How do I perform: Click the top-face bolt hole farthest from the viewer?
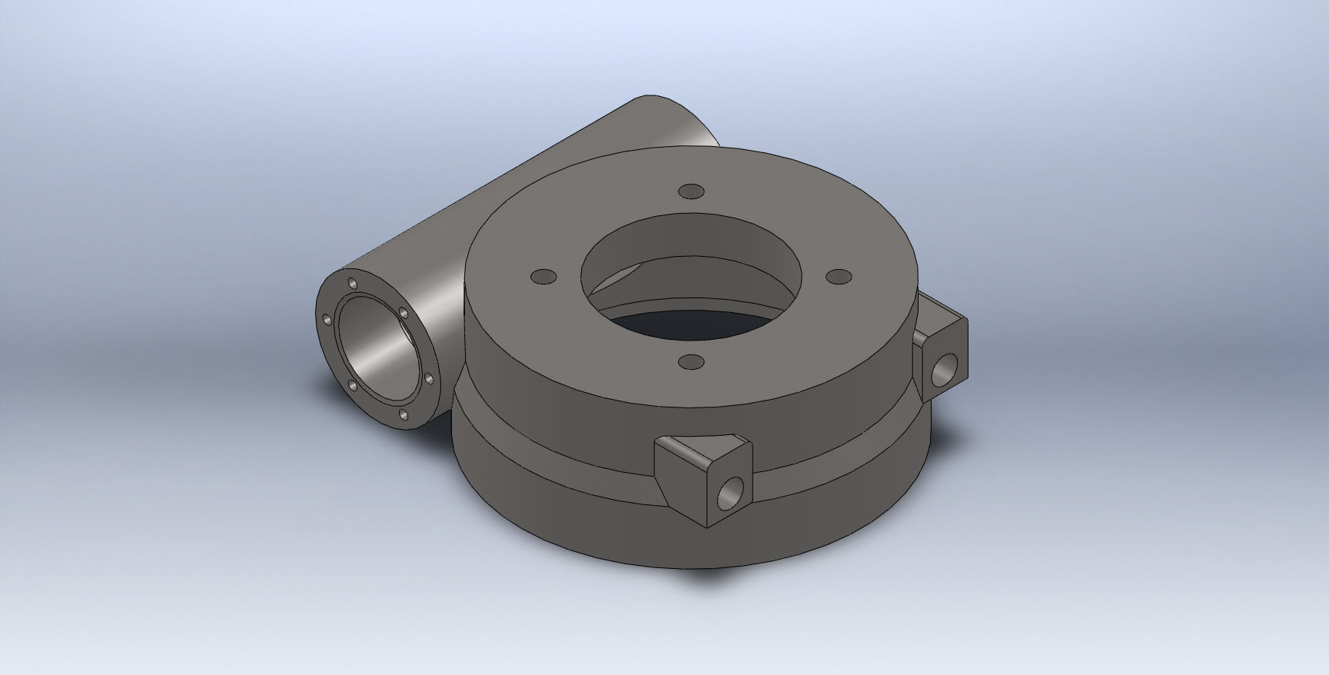pos(692,190)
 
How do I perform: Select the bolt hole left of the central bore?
pos(543,275)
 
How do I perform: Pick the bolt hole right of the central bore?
pos(840,275)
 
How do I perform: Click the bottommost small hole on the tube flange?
pos(403,415)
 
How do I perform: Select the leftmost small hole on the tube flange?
pos(327,318)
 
